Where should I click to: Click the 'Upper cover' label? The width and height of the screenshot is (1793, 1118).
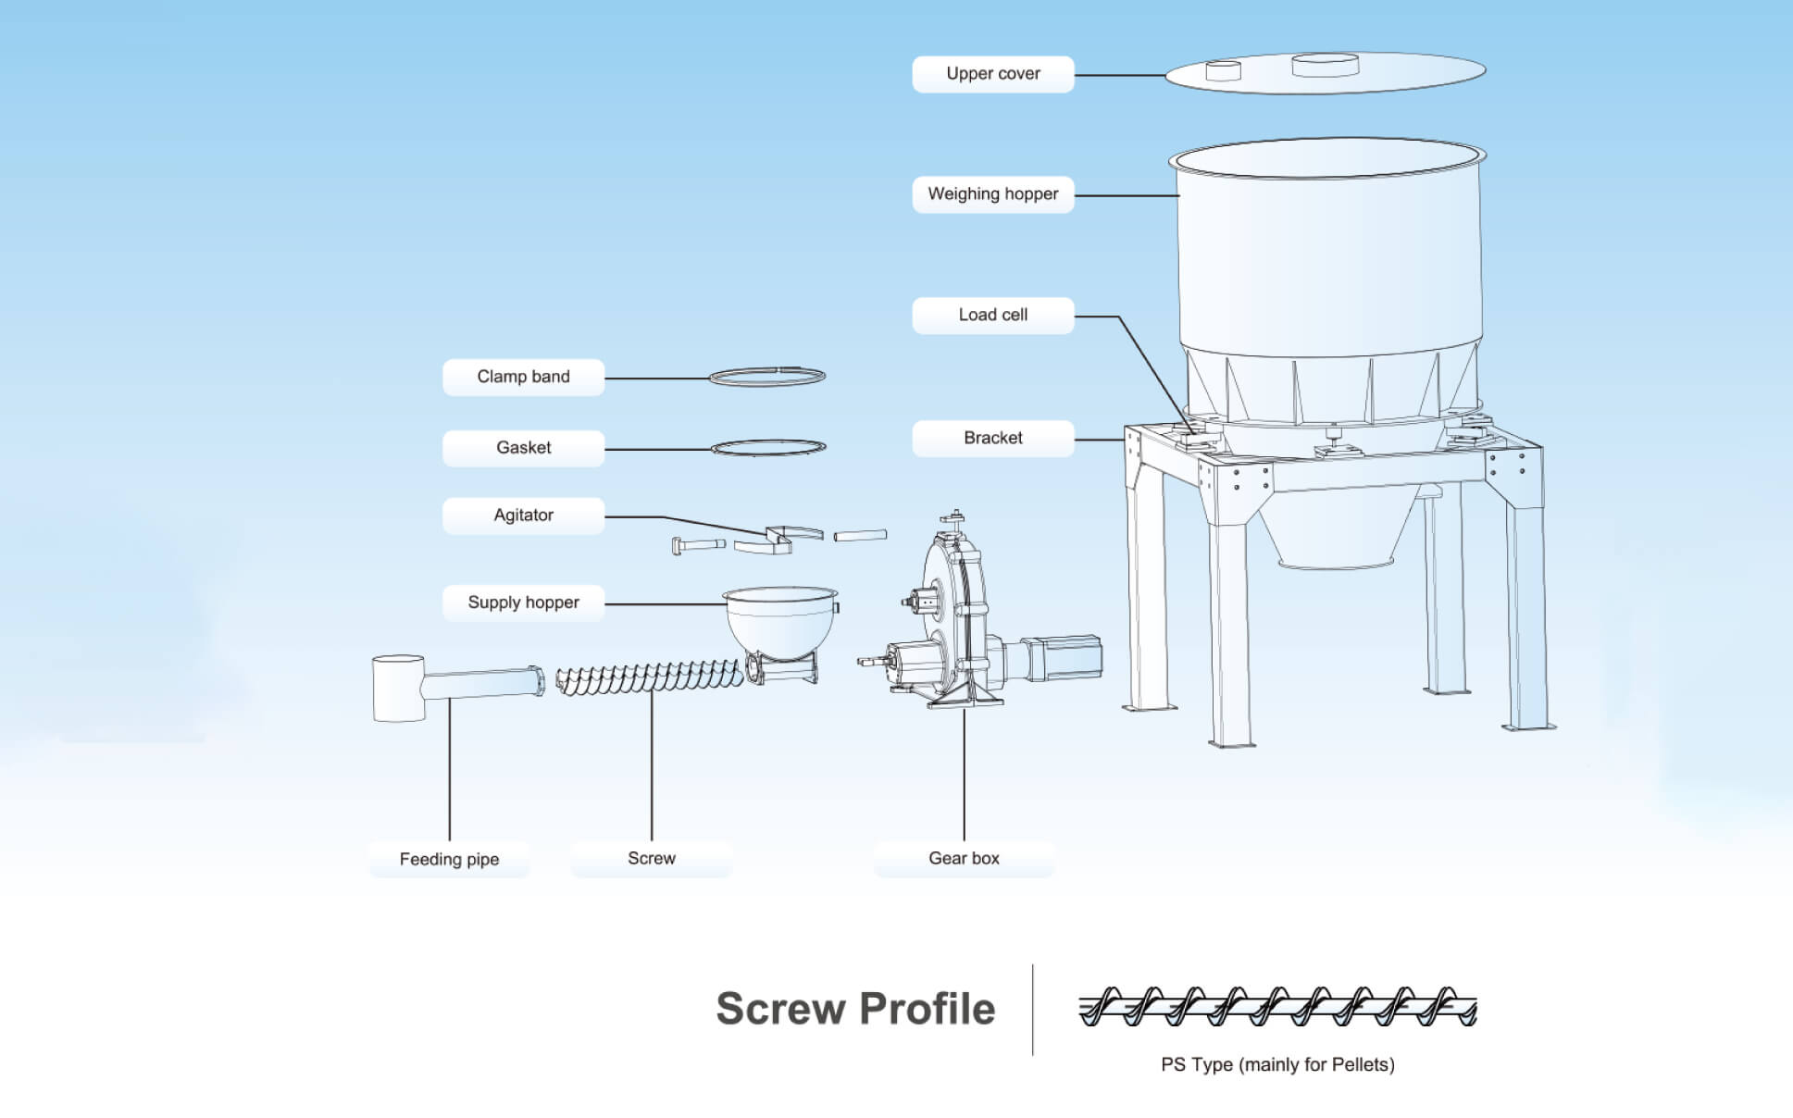(x=992, y=74)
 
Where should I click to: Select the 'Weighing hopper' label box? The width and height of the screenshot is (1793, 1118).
(x=992, y=194)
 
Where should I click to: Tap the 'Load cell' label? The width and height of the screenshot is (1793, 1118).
(x=992, y=315)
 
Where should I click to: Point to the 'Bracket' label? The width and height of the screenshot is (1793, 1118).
(x=992, y=438)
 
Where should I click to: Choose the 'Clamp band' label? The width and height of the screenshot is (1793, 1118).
(x=523, y=377)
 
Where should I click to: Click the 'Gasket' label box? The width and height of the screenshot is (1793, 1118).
(x=523, y=448)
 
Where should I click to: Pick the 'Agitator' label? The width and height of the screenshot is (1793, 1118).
(x=523, y=516)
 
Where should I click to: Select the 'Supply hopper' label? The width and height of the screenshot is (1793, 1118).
(x=523, y=602)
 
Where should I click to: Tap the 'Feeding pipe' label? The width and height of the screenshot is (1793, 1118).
(x=449, y=859)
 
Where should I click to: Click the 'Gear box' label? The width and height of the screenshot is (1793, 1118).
(x=964, y=858)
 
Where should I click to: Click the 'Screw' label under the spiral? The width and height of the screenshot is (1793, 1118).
(x=652, y=858)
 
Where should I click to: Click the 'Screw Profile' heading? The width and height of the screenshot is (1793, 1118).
(x=855, y=1008)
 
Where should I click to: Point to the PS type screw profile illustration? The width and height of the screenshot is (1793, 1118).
(x=1277, y=1007)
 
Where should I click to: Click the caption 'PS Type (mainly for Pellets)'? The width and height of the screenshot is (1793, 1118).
(x=1277, y=1064)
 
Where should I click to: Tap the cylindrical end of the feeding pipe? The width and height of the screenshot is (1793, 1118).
(x=398, y=688)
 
